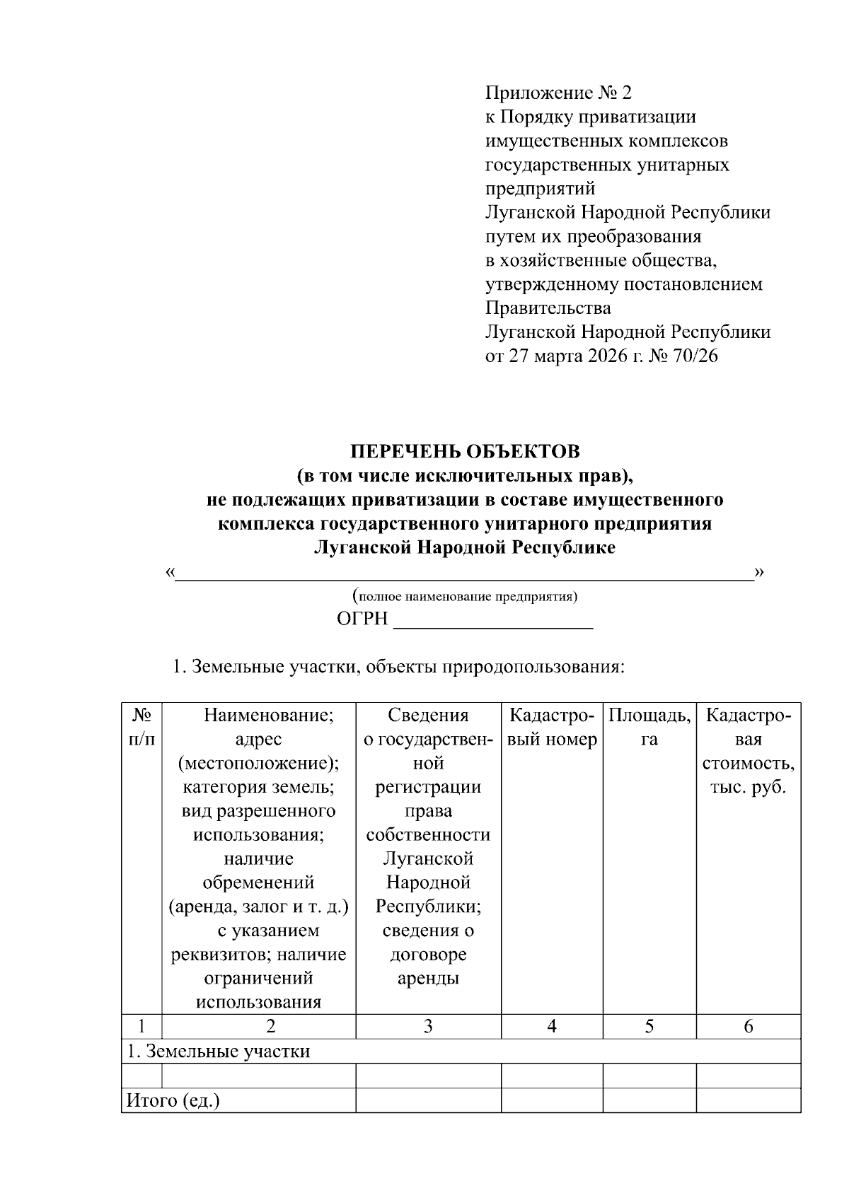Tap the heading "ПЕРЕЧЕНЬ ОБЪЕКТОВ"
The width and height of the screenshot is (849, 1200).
pyautogui.click(x=465, y=451)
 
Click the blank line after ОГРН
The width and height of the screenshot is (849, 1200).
pyautogui.click(x=492, y=620)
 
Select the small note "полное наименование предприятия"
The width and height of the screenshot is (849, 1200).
pyautogui.click(x=465, y=596)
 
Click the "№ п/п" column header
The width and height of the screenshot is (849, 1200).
pyautogui.click(x=141, y=727)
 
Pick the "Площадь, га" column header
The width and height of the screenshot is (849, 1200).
pyautogui.click(x=649, y=727)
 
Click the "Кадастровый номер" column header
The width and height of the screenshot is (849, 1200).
pyautogui.click(x=552, y=727)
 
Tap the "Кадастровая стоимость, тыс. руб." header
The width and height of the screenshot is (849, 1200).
pyautogui.click(x=748, y=751)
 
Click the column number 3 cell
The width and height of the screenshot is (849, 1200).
pyautogui.click(x=428, y=1027)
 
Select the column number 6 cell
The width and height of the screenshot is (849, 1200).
pyautogui.click(x=748, y=1027)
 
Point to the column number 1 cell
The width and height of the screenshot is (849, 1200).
pyautogui.click(x=141, y=1027)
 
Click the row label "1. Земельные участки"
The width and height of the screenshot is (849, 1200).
pyautogui.click(x=218, y=1052)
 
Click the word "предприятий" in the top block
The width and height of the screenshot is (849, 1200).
pyautogui.click(x=539, y=189)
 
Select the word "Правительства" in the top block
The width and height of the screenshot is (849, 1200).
pyautogui.click(x=548, y=308)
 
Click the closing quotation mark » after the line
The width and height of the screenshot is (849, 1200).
pyautogui.click(x=760, y=571)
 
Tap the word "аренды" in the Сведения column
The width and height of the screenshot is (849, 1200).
pyautogui.click(x=428, y=979)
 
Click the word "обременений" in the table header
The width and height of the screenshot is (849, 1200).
pyautogui.click(x=258, y=882)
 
